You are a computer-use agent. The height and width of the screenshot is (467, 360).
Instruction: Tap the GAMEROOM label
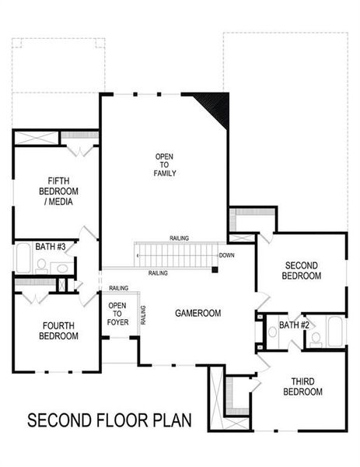(198, 313)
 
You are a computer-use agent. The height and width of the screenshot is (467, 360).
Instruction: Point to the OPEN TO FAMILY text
(165, 165)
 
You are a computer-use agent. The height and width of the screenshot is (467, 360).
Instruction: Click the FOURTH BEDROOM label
(58, 332)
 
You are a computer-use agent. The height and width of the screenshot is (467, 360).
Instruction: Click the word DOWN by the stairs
(226, 255)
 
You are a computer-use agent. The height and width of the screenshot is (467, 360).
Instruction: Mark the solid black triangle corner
(217, 105)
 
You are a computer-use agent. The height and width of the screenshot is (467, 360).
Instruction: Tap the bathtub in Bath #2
(335, 332)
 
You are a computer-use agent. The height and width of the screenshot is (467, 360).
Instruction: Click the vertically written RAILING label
(143, 315)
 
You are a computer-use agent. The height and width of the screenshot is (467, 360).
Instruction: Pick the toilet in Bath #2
(316, 338)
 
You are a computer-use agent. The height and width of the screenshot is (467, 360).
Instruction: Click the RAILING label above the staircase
(179, 238)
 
